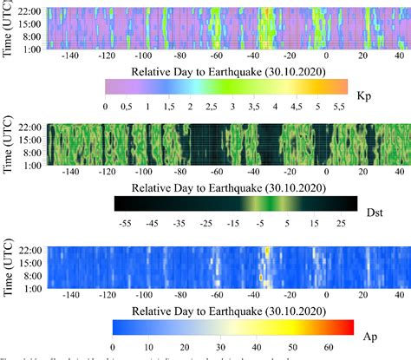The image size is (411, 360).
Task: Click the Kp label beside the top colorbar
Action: click(364, 89)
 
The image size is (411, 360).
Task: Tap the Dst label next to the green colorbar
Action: click(374, 206)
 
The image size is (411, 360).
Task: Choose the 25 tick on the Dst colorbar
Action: click(341, 223)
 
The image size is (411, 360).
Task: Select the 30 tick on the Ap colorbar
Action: click(221, 345)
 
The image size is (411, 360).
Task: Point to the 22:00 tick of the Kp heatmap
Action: click(29, 11)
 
